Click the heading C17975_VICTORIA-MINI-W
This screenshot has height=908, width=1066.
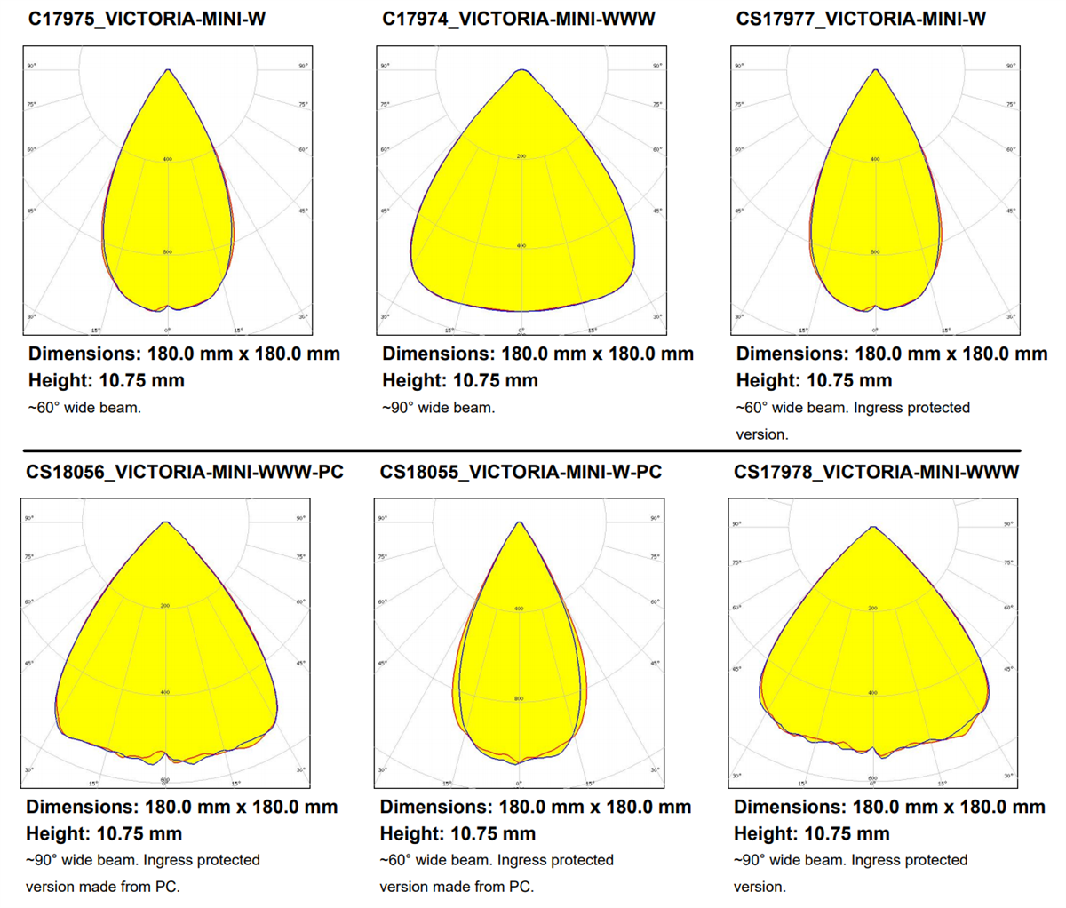tap(147, 19)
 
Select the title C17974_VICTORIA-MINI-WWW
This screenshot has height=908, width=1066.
tap(519, 19)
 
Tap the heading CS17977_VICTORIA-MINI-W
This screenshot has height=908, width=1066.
tap(861, 19)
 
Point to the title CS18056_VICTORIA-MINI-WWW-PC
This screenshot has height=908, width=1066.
tap(185, 472)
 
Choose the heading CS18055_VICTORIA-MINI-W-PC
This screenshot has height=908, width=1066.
tap(521, 472)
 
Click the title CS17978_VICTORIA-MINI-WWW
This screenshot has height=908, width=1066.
tap(876, 472)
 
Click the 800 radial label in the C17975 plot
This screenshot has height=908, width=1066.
tap(167, 252)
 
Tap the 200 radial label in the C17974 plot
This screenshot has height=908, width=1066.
tap(521, 156)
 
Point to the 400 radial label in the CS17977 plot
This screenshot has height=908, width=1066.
tap(875, 159)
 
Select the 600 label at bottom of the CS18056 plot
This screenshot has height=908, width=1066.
tap(165, 779)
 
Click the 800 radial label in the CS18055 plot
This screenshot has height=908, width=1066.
tap(520, 698)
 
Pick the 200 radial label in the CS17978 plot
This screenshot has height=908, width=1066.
tap(872, 609)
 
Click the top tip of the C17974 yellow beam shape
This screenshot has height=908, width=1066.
tap(522, 70)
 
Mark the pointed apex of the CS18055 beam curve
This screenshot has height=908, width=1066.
tap(520, 522)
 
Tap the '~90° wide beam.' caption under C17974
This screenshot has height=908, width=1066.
tap(439, 408)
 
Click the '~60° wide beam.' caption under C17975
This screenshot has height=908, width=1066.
tap(85, 408)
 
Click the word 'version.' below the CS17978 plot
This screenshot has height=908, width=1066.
tap(760, 887)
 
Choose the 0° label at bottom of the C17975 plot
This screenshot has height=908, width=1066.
tap(167, 331)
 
